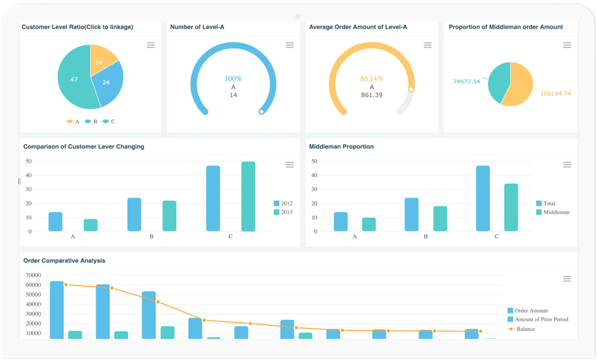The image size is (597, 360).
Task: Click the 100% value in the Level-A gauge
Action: click(x=233, y=79)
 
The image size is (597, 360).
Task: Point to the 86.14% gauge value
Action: click(x=372, y=79)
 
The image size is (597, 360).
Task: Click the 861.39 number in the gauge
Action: click(x=372, y=95)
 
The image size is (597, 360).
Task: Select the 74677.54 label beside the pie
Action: click(x=467, y=81)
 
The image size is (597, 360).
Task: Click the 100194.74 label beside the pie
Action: click(x=555, y=93)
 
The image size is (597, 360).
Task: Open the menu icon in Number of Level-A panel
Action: click(x=289, y=45)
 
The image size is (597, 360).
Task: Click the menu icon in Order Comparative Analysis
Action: click(x=567, y=279)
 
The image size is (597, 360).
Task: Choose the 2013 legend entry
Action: click(x=284, y=212)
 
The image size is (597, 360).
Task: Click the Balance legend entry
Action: click(x=525, y=329)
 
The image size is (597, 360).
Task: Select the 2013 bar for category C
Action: click(x=249, y=197)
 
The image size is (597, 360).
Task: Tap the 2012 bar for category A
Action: click(x=55, y=222)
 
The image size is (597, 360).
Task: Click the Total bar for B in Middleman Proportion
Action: click(x=411, y=214)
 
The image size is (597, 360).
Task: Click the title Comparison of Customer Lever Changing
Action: click(x=84, y=146)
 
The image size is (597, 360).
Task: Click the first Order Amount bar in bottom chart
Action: click(x=57, y=310)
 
